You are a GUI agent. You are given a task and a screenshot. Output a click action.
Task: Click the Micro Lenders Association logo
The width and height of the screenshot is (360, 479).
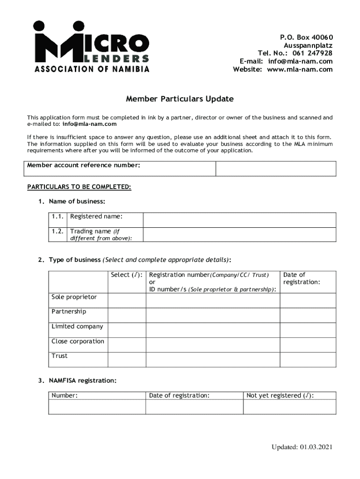(91, 47)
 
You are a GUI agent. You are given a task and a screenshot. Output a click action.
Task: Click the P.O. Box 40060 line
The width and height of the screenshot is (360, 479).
(306, 37)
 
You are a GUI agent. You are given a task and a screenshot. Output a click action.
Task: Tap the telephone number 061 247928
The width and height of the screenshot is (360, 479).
(313, 53)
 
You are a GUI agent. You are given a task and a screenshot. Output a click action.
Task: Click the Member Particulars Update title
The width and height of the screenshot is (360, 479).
(180, 99)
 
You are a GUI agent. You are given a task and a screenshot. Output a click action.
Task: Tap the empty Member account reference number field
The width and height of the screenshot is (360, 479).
(275, 169)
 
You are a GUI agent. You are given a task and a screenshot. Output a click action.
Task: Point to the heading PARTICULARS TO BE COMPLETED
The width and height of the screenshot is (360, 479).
(79, 187)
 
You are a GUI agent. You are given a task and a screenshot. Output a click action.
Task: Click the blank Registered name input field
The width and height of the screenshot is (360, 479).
(239, 220)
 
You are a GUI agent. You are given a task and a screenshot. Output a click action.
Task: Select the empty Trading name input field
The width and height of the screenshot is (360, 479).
(239, 234)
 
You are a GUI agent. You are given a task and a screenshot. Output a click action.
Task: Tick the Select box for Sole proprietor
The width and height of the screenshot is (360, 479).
(127, 300)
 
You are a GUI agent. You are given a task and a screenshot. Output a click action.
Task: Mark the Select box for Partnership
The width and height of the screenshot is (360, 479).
(127, 315)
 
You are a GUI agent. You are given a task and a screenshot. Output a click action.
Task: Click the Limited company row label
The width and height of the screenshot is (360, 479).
(78, 327)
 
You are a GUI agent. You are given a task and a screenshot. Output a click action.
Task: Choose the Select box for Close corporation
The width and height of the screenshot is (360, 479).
(127, 345)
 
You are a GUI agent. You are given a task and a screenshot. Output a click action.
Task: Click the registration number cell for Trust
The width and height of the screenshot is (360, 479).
(213, 360)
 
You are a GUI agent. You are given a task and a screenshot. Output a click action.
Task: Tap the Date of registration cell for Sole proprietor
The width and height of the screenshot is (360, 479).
(308, 300)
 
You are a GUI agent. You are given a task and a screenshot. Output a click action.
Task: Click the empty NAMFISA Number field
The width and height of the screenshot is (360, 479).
(97, 407)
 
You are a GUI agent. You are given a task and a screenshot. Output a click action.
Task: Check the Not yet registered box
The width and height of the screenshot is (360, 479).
(289, 407)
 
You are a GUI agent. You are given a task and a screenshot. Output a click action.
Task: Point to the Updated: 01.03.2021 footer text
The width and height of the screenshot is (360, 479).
(302, 447)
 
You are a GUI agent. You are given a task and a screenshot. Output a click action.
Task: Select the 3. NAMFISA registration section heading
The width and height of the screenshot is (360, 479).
(78, 381)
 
